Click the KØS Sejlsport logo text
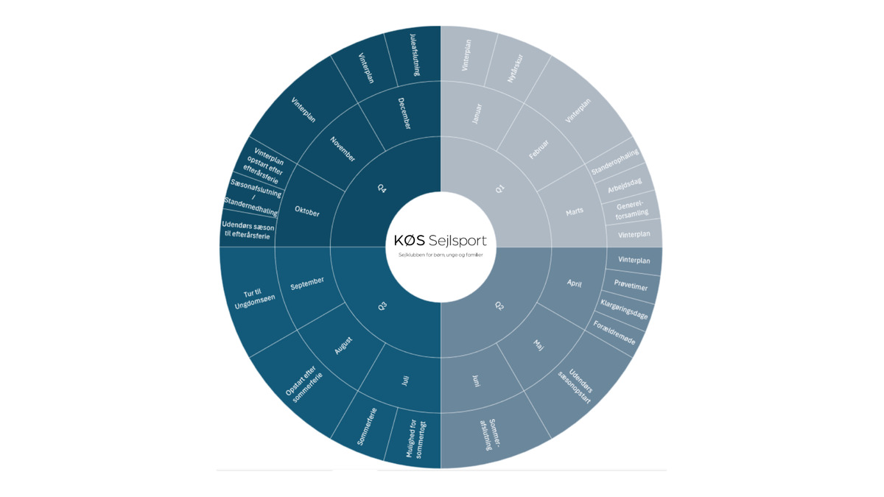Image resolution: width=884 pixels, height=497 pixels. click(441, 240)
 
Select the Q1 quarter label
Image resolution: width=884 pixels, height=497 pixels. click(500, 189)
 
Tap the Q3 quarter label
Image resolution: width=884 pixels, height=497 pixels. click(382, 306)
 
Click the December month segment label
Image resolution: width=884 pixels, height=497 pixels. click(404, 113)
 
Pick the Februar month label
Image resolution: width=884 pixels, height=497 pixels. click(539, 149)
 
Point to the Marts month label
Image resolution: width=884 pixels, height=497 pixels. click(574, 212)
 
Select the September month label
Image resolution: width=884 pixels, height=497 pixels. click(307, 283)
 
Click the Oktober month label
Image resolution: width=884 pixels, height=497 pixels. click(307, 211)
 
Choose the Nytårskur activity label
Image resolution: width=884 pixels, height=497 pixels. click(515, 68)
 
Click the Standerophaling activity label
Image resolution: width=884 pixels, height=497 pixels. click(614, 162)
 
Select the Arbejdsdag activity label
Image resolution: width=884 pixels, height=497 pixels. click(625, 186)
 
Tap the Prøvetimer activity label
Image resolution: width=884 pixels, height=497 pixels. click(631, 284)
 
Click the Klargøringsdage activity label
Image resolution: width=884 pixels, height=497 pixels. click(624, 309)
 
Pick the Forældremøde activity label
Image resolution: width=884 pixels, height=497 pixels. click(614, 333)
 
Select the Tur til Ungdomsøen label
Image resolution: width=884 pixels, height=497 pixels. click(254, 299)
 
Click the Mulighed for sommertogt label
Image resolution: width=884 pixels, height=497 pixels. click(416, 438)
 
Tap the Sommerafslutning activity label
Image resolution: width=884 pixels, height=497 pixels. click(490, 434)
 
